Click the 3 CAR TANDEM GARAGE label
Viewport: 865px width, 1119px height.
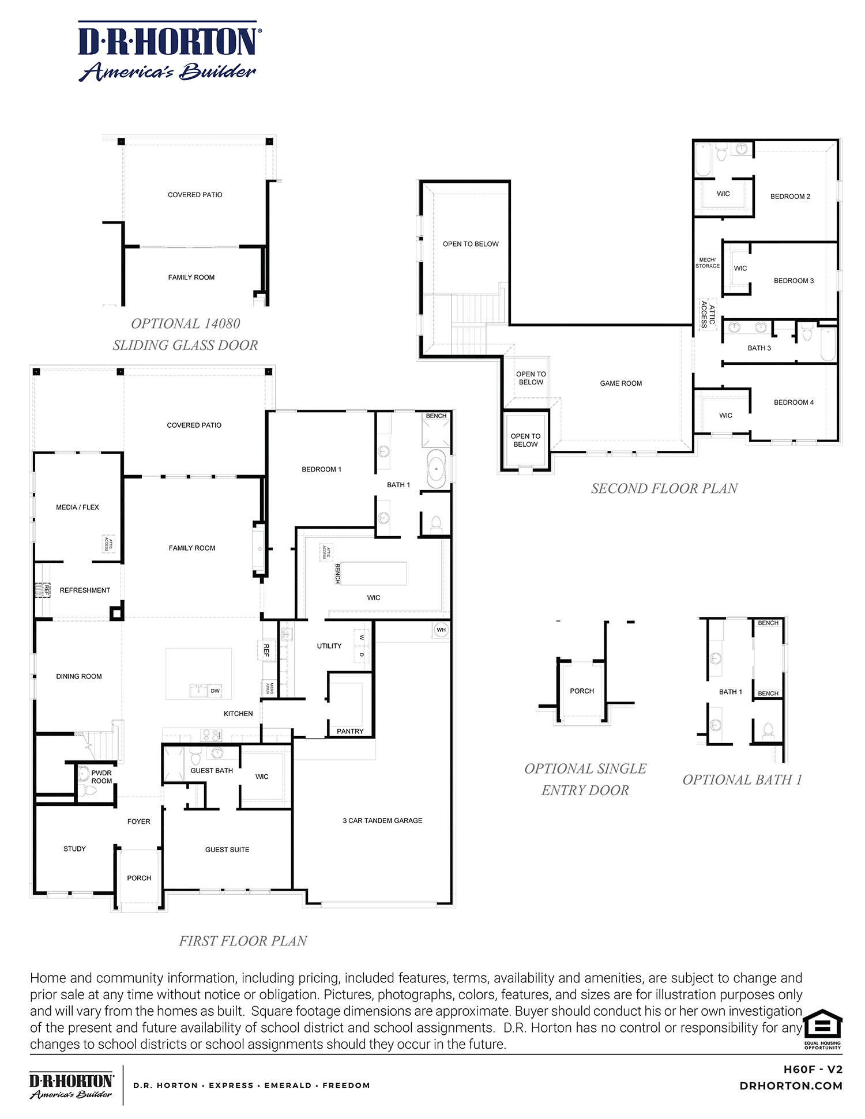tap(382, 820)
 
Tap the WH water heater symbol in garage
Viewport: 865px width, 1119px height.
tap(441, 630)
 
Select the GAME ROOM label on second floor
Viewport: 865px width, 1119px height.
tap(620, 383)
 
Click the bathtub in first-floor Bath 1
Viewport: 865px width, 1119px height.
tap(437, 469)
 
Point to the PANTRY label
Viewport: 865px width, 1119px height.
tap(350, 731)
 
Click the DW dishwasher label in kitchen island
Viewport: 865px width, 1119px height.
tap(215, 691)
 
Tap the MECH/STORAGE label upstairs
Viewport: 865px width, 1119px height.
tap(708, 263)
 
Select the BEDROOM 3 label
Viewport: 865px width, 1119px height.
tap(793, 281)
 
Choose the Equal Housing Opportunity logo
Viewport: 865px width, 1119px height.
tap(822, 1029)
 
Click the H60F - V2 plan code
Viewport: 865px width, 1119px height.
tap(813, 1069)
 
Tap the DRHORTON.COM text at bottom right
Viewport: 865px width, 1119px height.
tap(791, 1086)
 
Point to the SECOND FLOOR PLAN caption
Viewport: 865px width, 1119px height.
tap(664, 488)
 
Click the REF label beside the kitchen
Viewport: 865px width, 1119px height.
tap(266, 650)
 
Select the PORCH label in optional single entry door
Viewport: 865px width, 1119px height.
tap(581, 691)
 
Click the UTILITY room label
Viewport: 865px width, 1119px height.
tap(329, 646)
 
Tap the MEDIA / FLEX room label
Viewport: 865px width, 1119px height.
tap(77, 507)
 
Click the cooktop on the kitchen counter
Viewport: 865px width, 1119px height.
tap(209, 735)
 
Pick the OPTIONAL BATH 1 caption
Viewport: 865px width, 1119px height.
tap(742, 779)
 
